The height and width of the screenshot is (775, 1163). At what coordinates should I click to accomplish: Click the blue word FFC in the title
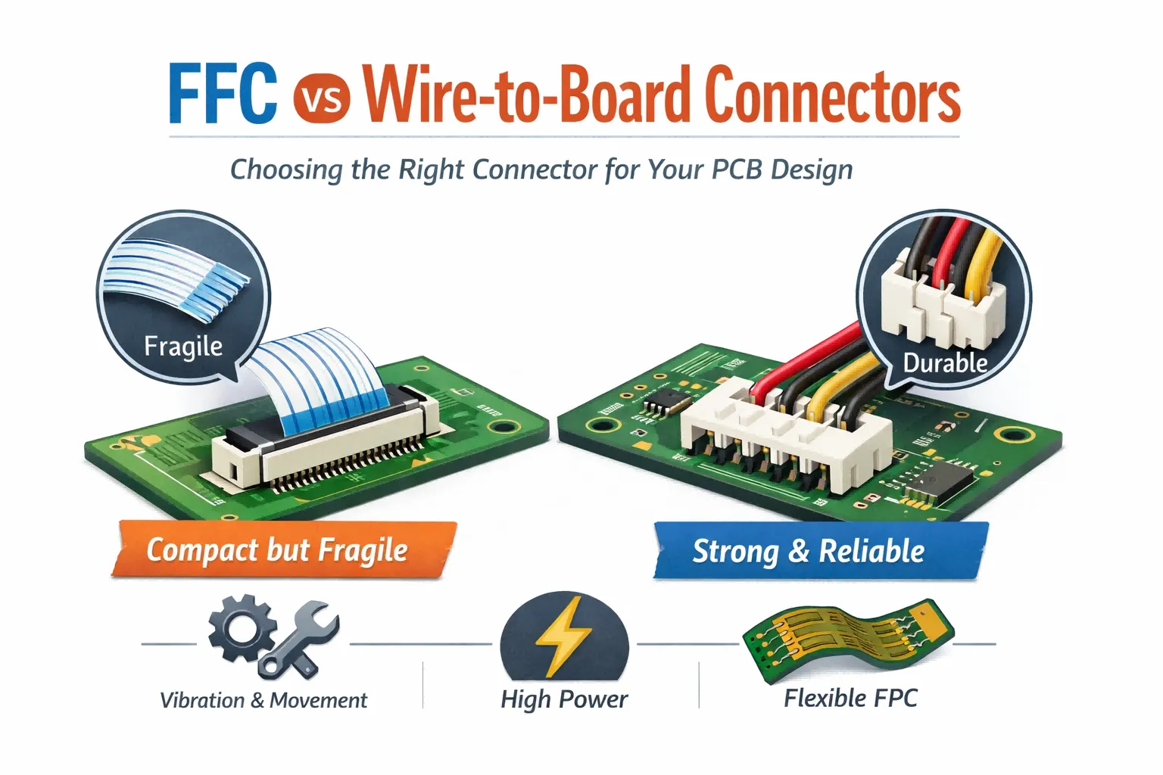point(223,95)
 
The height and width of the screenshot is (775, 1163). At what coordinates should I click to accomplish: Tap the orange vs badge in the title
point(321,99)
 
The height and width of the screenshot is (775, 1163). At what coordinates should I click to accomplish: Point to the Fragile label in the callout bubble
point(183,347)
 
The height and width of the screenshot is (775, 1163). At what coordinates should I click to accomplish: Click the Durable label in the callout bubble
point(945,363)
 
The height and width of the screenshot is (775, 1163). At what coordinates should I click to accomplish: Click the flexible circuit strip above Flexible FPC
point(847,636)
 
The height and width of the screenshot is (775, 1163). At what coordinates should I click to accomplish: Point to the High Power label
point(564,699)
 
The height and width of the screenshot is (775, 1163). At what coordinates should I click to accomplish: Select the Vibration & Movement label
point(263,701)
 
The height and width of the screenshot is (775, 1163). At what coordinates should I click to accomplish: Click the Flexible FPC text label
point(850,698)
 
